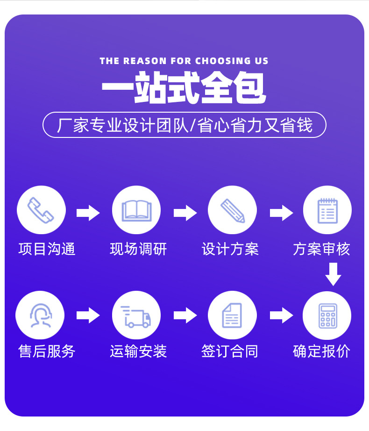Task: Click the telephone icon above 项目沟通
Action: [x=41, y=210]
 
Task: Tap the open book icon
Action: [x=136, y=210]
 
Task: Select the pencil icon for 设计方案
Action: [x=232, y=210]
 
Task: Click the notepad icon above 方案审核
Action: [x=327, y=210]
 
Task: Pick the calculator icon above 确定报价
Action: [x=327, y=316]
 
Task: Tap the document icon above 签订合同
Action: [x=232, y=316]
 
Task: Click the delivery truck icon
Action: [x=136, y=316]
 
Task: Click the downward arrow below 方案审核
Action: [x=333, y=274]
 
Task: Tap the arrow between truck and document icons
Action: [x=185, y=315]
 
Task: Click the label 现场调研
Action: [x=138, y=249]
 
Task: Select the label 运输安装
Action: [x=138, y=351]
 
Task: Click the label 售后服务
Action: [x=47, y=351]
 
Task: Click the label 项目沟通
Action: [x=47, y=249]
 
